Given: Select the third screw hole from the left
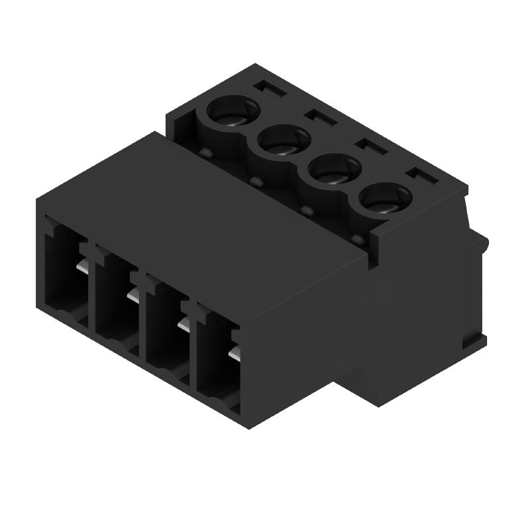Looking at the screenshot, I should coord(334,170).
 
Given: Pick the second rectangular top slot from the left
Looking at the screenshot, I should coord(319,116).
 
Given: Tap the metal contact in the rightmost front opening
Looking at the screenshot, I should coord(234,354).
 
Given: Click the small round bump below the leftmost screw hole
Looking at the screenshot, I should coord(205,154).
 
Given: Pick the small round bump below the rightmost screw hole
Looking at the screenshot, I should coord(358,238).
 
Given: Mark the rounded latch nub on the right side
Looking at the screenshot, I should coord(482,244).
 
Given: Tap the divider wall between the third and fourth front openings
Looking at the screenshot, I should coord(192,348).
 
